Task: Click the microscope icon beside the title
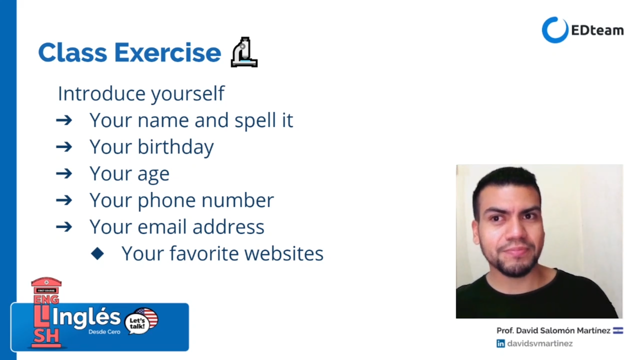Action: coord(244,52)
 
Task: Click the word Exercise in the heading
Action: coord(167,52)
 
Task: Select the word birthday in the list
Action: coord(175,147)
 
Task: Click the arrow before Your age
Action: coord(64,173)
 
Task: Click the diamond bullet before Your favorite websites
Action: coord(97,253)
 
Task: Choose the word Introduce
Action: coord(101,93)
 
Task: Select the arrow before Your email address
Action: coord(64,227)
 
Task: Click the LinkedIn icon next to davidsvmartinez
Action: coord(500,343)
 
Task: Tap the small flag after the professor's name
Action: coord(618,330)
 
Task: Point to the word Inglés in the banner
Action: coord(86,318)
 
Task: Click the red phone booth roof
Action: coord(46,282)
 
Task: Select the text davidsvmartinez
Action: coord(540,343)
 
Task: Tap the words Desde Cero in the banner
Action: coord(104,332)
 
